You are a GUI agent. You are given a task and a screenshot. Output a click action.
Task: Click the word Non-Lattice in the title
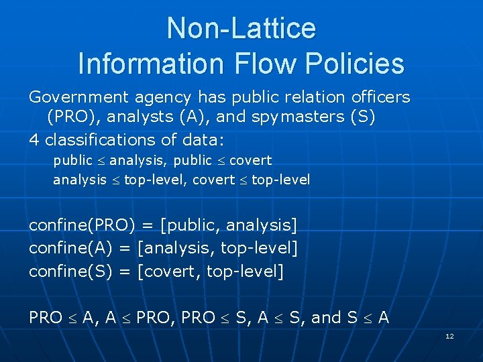click(x=241, y=28)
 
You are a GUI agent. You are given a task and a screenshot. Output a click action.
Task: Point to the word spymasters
click(x=298, y=118)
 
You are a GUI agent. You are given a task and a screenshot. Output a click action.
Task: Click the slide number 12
click(x=449, y=336)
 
